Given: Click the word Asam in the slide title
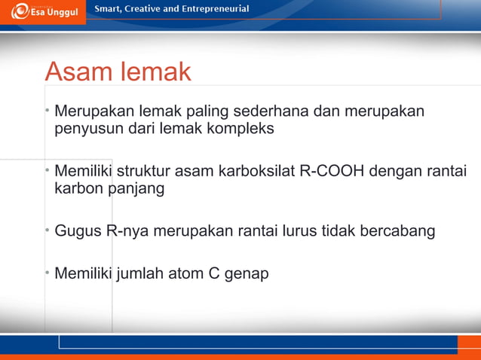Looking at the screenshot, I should click(x=75, y=72).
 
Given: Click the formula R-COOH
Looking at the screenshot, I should click(x=332, y=171).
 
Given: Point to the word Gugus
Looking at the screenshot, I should click(x=78, y=230).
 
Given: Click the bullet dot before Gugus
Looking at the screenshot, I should click(x=47, y=230).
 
